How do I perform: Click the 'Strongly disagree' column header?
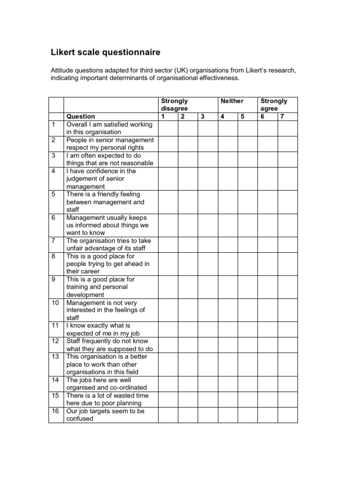[174, 105]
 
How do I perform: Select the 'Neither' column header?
[232, 101]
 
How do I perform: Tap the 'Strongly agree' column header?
[274, 105]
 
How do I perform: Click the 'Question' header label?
[81, 116]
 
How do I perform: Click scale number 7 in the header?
[282, 116]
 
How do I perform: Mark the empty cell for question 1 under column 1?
[168, 128]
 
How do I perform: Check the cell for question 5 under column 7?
[287, 202]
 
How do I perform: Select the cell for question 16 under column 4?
[227, 415]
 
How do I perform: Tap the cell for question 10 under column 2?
[187, 310]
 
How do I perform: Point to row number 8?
[54, 256]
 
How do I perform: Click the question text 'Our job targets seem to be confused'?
[105, 415]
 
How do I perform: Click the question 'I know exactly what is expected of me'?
[105, 329]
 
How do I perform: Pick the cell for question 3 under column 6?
[268, 159]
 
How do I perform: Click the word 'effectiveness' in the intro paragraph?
[217, 78]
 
